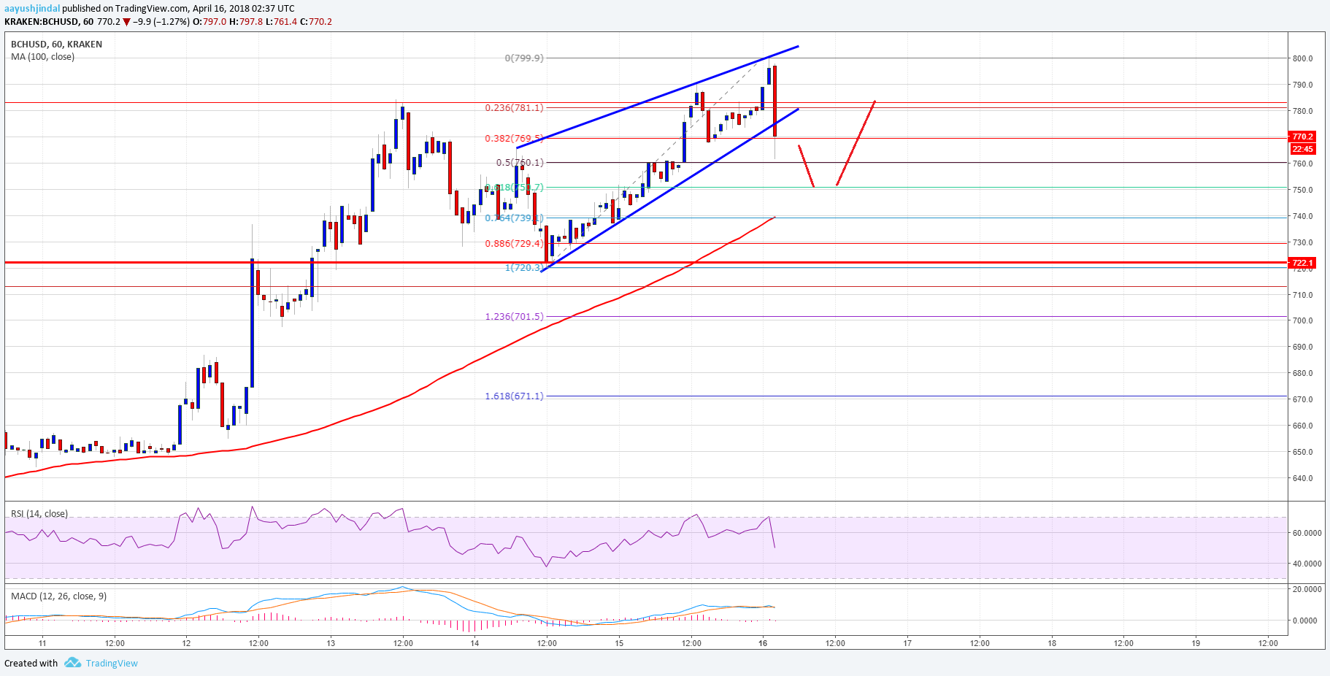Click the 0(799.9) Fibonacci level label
click(524, 58)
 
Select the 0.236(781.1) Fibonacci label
click(514, 108)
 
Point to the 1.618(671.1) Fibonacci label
click(514, 396)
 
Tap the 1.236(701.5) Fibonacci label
click(514, 317)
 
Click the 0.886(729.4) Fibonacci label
click(514, 244)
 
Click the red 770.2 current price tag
click(1302, 137)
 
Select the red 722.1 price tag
click(1302, 263)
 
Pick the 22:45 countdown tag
click(1302, 149)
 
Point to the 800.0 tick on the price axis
click(1302, 58)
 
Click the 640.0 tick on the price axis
click(1302, 479)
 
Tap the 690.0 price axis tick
click(1302, 347)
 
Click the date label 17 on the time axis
click(907, 643)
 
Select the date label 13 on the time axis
click(331, 643)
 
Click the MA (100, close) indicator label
click(42, 57)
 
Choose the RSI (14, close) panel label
click(39, 514)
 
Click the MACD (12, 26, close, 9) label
click(58, 596)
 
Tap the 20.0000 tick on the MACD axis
click(1307, 589)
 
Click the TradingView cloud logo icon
click(72, 663)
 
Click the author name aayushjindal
click(32, 9)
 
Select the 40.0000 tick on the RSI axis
click(1307, 564)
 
